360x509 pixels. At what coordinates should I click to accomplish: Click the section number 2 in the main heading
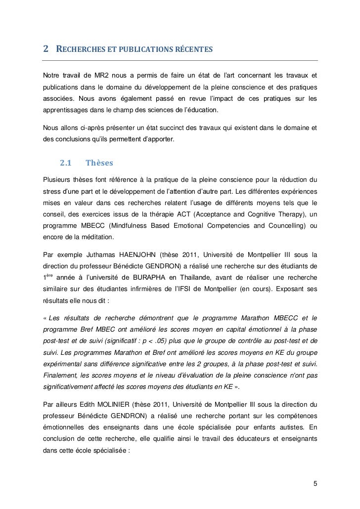(x=45, y=49)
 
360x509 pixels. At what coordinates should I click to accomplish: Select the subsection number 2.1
(x=66, y=163)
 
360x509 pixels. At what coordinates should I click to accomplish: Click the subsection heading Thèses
(x=99, y=163)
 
